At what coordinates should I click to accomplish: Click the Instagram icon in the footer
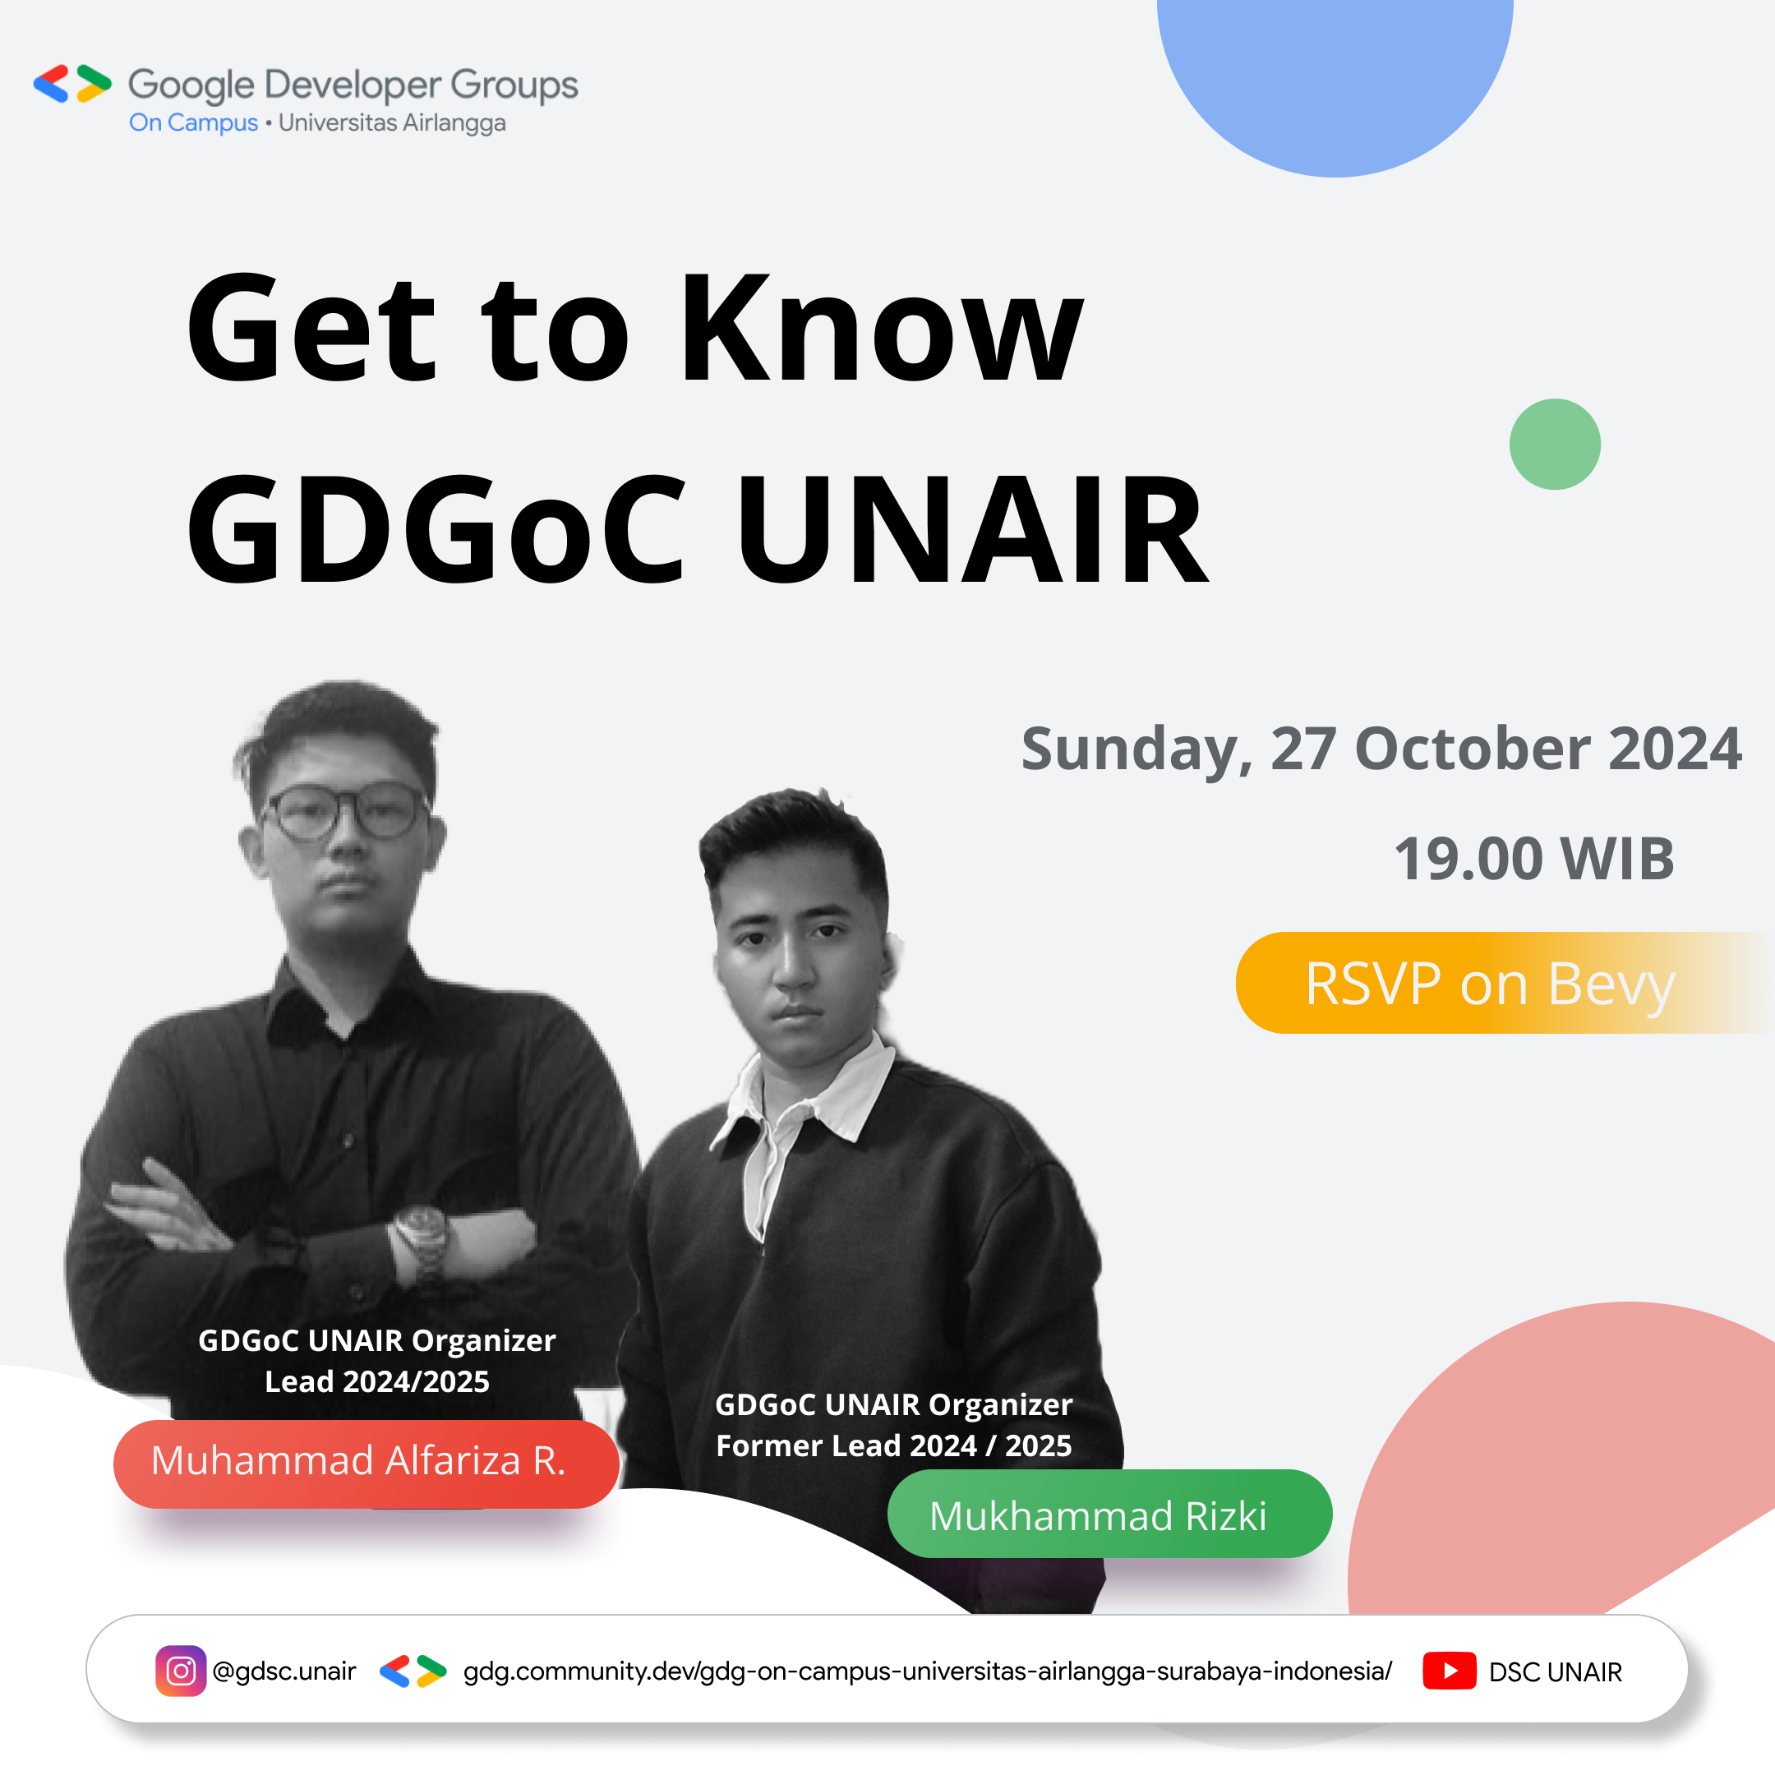pos(180,1671)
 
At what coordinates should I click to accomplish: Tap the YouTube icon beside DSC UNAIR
pos(1449,1671)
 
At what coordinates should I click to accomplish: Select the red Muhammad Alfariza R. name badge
pos(366,1462)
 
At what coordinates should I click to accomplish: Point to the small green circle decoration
pos(1555,445)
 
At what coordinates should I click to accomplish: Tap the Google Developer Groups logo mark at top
pos(71,84)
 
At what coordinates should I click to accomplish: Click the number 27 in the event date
pos(1302,749)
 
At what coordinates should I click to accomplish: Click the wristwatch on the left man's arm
pos(421,1235)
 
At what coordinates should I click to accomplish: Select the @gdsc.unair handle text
pos(284,1671)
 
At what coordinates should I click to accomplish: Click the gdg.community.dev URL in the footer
pos(927,1671)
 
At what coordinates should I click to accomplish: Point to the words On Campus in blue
pos(193,123)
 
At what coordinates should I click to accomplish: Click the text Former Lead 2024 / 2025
pos(893,1446)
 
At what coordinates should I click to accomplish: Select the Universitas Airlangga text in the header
pos(391,123)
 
